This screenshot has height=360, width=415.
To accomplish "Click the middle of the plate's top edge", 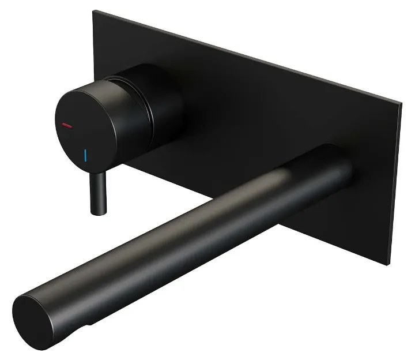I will click(x=242, y=55).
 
